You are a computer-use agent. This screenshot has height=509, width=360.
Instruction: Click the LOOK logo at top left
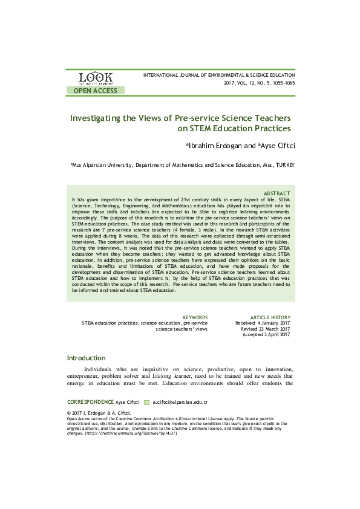(95, 78)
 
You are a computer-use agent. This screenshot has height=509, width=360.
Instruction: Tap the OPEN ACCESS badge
(96, 91)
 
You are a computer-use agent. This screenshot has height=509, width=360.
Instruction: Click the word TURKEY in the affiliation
(283, 164)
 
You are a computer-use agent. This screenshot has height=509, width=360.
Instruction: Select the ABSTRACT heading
(277, 193)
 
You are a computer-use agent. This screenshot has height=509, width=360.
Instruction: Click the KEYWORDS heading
(195, 317)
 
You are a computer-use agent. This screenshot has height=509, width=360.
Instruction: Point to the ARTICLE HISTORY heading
(270, 317)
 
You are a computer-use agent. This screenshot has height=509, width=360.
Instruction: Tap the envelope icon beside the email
(146, 401)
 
